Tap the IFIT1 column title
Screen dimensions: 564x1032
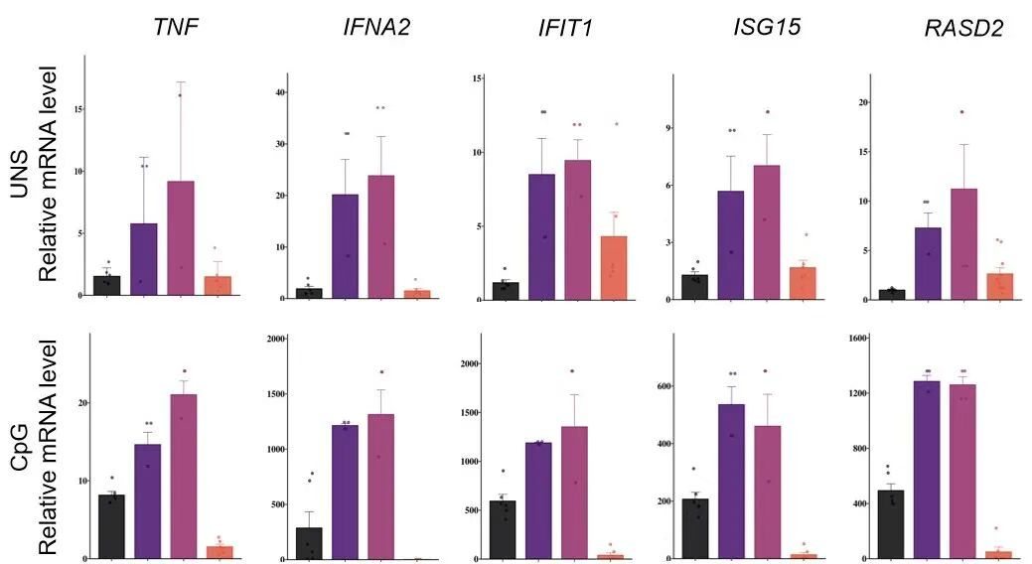(x=559, y=28)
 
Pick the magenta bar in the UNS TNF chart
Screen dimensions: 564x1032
(x=180, y=238)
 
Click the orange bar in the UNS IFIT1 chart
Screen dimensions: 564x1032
(x=614, y=265)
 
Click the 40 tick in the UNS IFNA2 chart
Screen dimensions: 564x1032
(x=279, y=92)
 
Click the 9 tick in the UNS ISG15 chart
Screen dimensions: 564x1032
(x=669, y=128)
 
